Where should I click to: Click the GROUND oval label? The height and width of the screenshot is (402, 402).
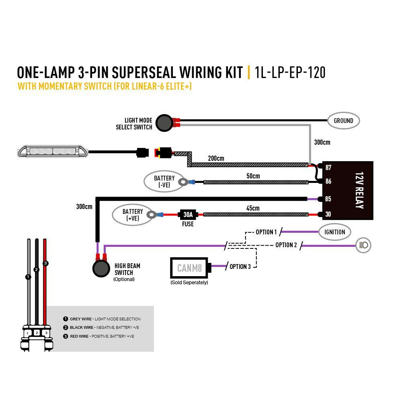pos(343,121)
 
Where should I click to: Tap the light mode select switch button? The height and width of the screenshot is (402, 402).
pos(164,123)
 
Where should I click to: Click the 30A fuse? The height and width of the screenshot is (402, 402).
pos(188,214)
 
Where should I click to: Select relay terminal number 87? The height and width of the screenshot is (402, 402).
pos(328,168)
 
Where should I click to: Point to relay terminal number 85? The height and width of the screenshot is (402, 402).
pos(328,199)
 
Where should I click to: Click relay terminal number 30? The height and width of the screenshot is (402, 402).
pos(328,214)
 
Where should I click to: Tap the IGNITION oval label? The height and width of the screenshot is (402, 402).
pos(334,232)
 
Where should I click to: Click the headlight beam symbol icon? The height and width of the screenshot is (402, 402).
pos(363,245)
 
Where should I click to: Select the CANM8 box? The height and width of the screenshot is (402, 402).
pos(189,268)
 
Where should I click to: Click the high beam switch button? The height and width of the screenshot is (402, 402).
pos(101,269)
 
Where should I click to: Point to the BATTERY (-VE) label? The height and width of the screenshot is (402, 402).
pos(164,181)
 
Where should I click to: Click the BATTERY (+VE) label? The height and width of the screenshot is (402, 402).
pos(133,215)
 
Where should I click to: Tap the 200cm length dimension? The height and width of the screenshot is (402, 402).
pos(216,158)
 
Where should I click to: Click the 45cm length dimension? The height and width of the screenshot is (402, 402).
pos(253,208)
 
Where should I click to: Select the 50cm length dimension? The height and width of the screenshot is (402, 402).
pos(253,176)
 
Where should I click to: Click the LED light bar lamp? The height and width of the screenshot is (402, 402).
pos(53,152)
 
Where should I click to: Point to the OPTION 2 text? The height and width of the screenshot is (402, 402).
pos(286,245)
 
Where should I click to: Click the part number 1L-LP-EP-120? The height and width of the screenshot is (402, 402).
pos(290,72)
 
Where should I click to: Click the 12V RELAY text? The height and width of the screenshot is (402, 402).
pos(359,190)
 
